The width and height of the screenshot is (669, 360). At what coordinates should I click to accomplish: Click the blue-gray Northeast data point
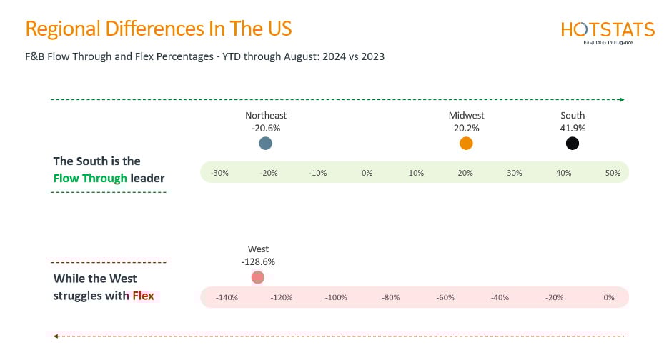pyautogui.click(x=266, y=144)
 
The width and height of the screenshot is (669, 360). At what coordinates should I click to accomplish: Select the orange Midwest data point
pyautogui.click(x=466, y=144)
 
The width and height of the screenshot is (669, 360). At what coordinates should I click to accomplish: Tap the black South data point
pyautogui.click(x=572, y=144)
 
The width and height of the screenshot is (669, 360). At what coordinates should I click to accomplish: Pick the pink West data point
pyautogui.click(x=258, y=277)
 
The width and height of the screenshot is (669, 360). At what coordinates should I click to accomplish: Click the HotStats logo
pyautogui.click(x=608, y=31)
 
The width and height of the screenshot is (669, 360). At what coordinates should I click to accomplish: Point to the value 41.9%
pyautogui.click(x=573, y=128)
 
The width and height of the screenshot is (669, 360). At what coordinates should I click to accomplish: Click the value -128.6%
pyautogui.click(x=258, y=261)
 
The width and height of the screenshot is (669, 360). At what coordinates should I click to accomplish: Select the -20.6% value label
pyautogui.click(x=266, y=128)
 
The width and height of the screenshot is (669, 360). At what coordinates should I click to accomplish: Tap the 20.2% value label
pyautogui.click(x=466, y=128)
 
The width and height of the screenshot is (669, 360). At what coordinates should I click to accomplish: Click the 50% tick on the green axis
pyautogui.click(x=613, y=173)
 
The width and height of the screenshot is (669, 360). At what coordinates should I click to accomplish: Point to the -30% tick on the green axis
pyautogui.click(x=220, y=173)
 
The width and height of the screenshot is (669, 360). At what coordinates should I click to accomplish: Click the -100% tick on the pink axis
pyautogui.click(x=337, y=297)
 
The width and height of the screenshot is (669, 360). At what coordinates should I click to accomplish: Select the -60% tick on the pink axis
pyautogui.click(x=445, y=297)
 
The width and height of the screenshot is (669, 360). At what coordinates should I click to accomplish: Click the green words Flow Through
pyautogui.click(x=90, y=178)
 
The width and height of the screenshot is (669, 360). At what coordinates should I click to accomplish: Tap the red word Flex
pyautogui.click(x=143, y=295)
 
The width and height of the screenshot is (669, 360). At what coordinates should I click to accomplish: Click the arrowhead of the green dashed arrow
pyautogui.click(x=622, y=99)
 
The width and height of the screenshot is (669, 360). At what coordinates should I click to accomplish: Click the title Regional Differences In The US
pyautogui.click(x=158, y=29)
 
